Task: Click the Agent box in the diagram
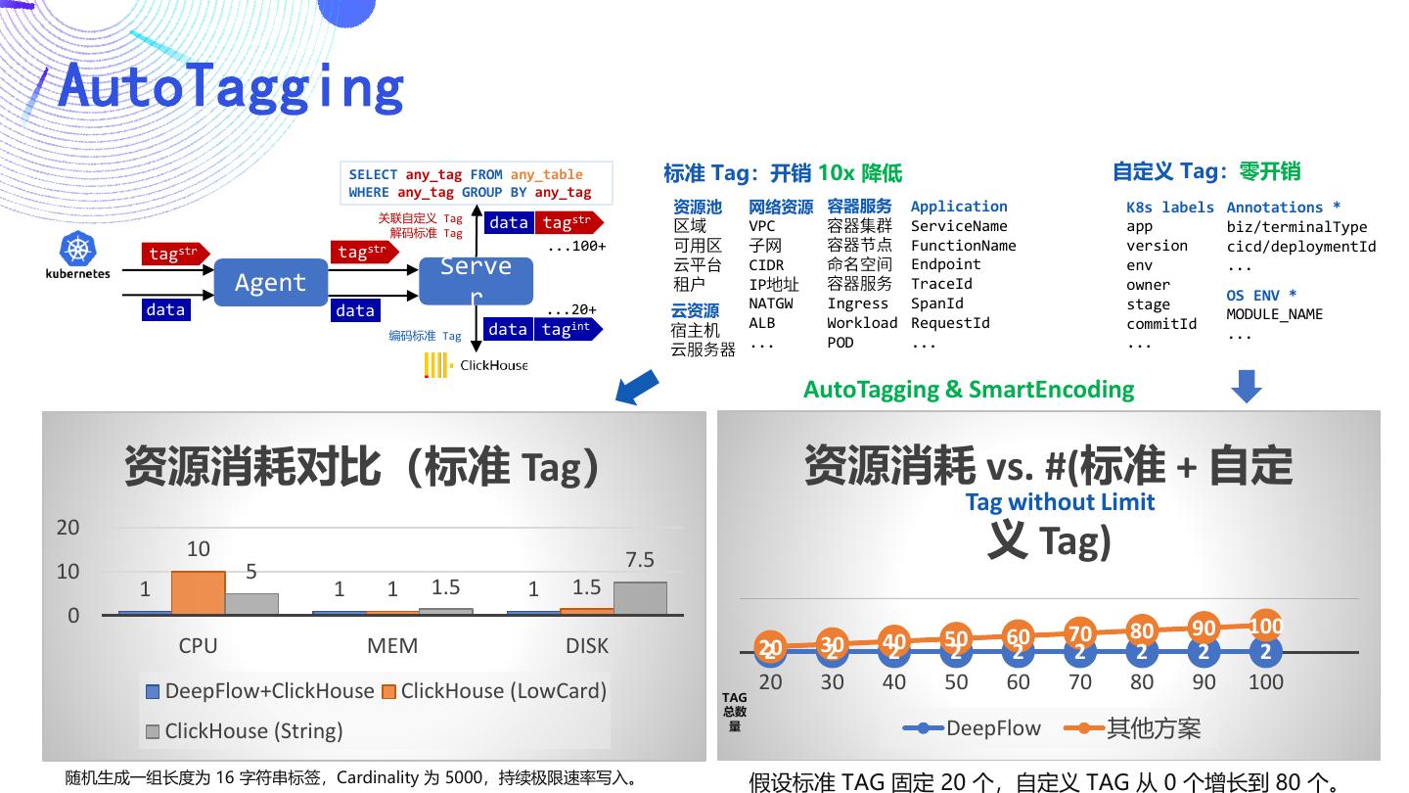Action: tap(270, 283)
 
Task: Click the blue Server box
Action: tap(477, 281)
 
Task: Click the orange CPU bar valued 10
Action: tap(198, 592)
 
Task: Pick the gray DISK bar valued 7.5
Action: tap(640, 598)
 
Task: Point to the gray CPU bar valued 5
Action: tap(251, 603)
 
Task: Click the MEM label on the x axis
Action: tap(392, 646)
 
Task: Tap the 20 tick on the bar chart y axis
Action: tap(68, 527)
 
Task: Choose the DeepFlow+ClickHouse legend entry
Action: tap(260, 691)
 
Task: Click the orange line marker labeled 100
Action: tap(1266, 626)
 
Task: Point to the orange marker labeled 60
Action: tap(1019, 637)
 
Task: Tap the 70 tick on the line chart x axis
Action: tap(1080, 682)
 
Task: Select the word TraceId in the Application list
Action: tap(941, 284)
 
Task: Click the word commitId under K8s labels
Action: tap(1161, 324)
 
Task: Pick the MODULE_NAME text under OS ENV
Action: tap(1274, 314)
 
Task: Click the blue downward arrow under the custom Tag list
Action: tap(1247, 386)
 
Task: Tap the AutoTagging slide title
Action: tap(231, 85)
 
